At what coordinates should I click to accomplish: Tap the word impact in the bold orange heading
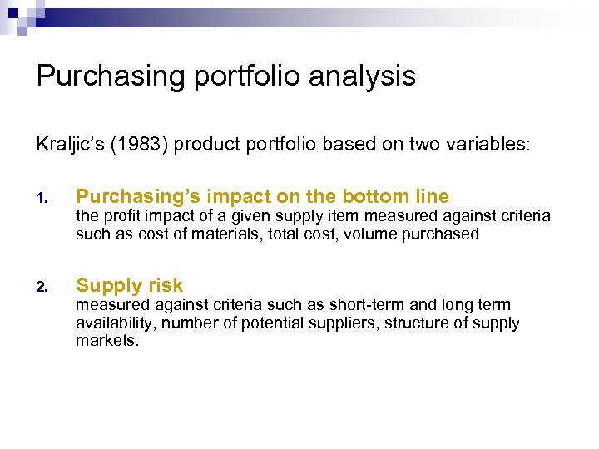click(234, 197)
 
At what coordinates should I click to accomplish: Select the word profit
click(127, 216)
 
